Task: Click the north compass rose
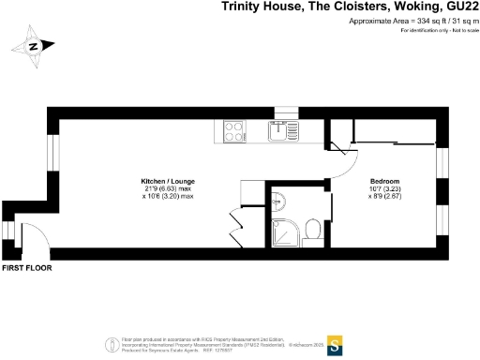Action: [33, 45]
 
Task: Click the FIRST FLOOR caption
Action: [26, 268]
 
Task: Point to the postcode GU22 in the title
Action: [459, 7]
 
